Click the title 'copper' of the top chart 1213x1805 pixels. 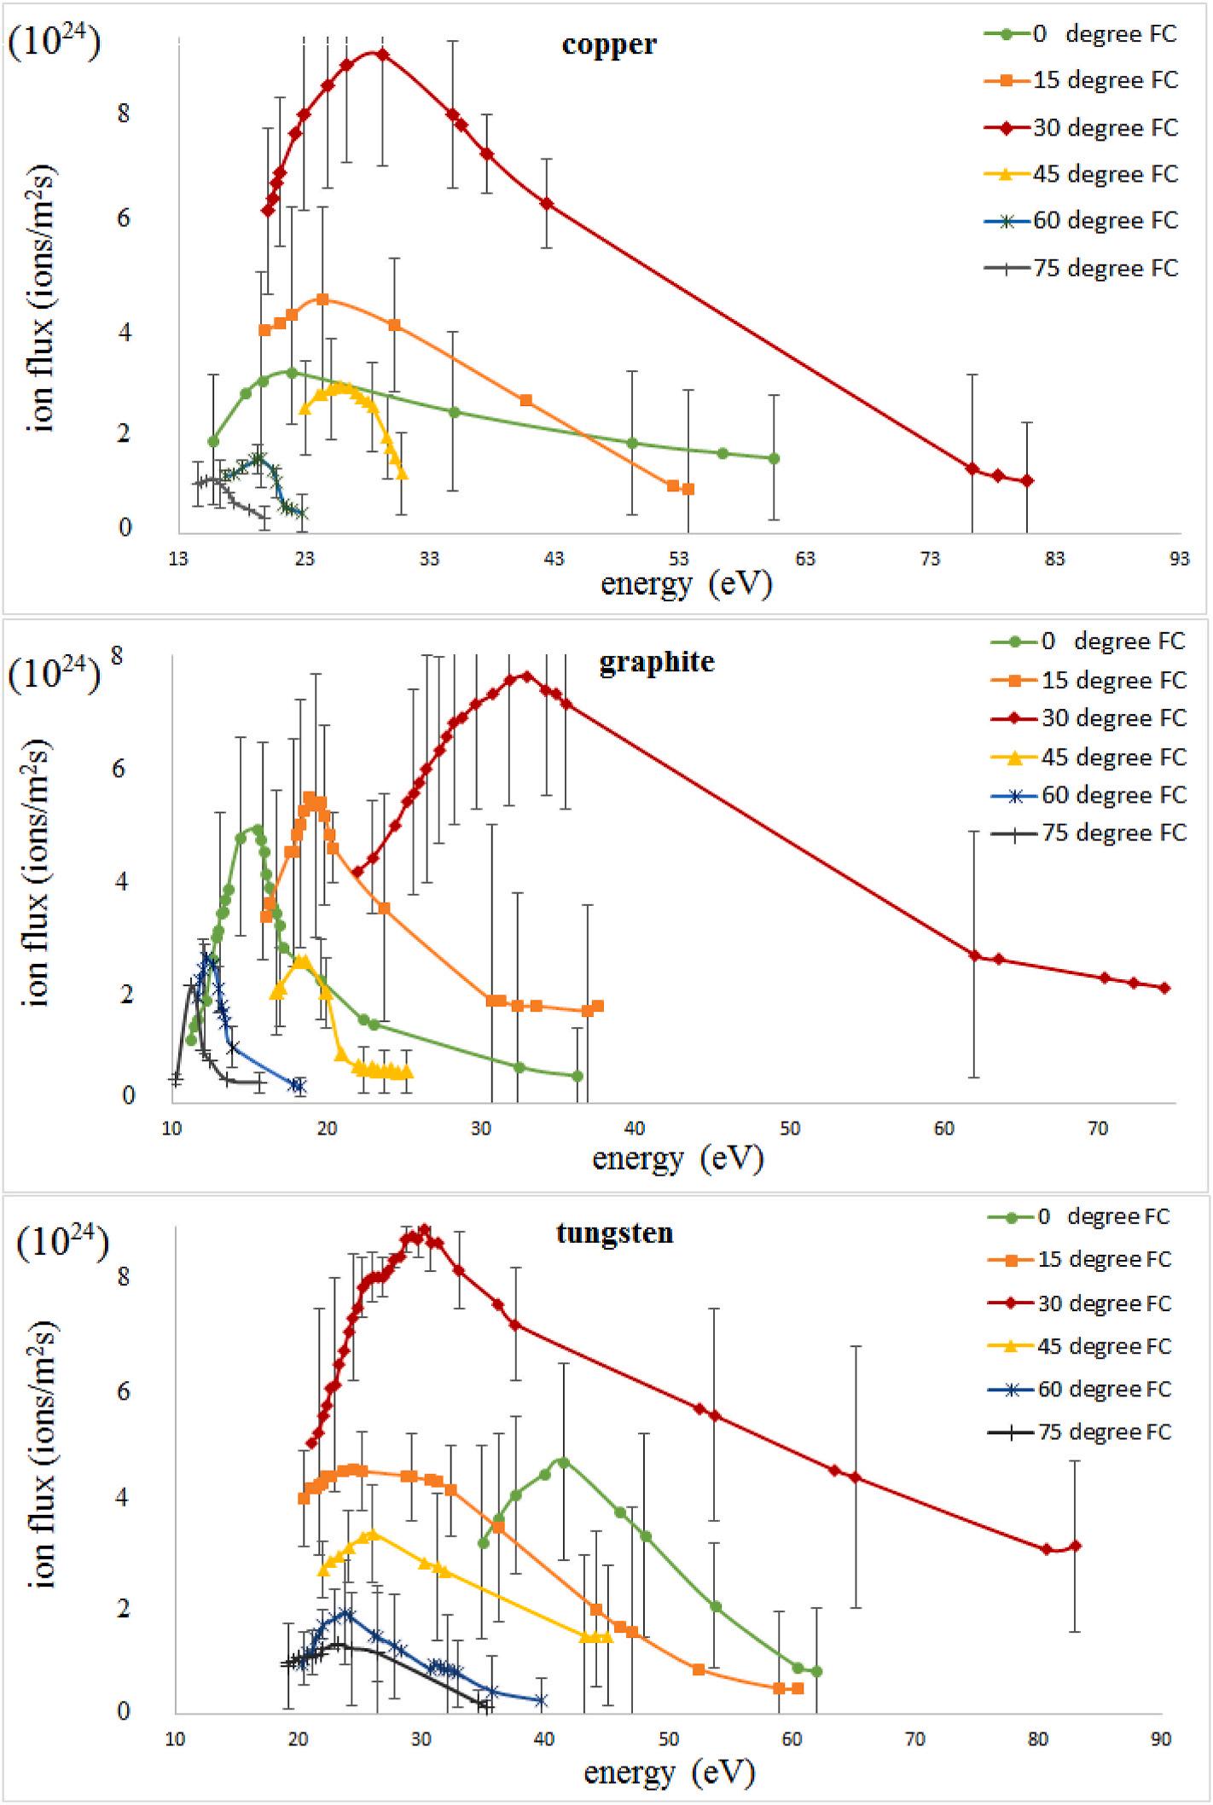(x=609, y=44)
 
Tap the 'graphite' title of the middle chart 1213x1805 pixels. (x=657, y=662)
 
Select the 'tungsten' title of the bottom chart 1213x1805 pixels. (x=614, y=1233)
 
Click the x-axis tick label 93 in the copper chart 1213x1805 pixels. (x=1180, y=559)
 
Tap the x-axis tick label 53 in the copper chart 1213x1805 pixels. (x=679, y=559)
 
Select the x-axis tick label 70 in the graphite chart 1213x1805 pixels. (x=1098, y=1129)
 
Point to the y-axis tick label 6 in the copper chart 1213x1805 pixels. (x=125, y=218)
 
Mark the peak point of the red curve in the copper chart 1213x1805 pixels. (x=382, y=55)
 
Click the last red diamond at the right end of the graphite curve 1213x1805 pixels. (x=1164, y=988)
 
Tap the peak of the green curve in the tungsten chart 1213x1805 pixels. (x=562, y=1462)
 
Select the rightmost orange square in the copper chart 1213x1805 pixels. (x=688, y=489)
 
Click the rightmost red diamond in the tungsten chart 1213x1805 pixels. (x=1075, y=1546)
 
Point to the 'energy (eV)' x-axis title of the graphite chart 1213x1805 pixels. (x=677, y=1158)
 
